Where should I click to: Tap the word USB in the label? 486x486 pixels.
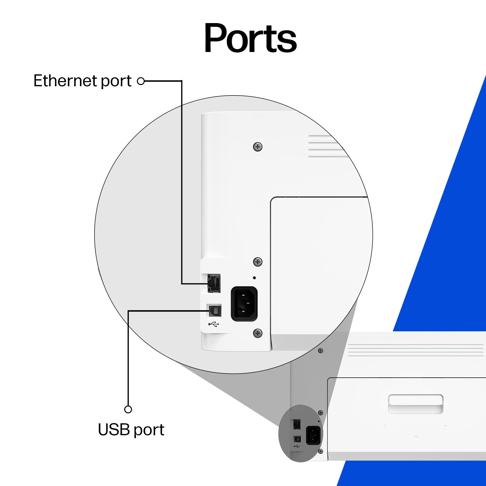pos(114,430)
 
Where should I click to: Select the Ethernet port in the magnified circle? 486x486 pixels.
pos(214,283)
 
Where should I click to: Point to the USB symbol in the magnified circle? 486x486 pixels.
pos(214,324)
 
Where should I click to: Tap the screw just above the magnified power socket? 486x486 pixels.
pos(258,262)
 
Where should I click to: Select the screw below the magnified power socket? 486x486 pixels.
pos(258,333)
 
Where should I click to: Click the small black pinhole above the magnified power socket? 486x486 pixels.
pos(254,278)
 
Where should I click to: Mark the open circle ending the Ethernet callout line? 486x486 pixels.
pos(141,81)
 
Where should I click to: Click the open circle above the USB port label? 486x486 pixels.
pos(128,409)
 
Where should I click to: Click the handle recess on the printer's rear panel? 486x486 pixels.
pos(416,403)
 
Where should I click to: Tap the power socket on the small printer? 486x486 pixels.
pos(313,435)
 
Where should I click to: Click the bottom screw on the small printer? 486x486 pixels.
pos(321,451)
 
